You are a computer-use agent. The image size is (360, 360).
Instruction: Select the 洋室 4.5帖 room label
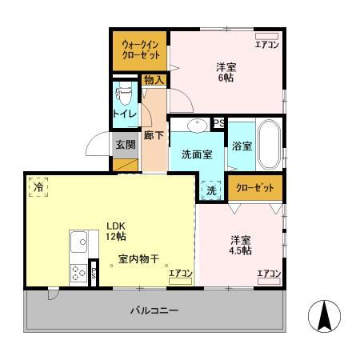(x=241, y=245)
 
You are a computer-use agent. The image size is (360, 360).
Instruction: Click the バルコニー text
(x=154, y=310)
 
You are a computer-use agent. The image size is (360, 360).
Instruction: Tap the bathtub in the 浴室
(x=268, y=145)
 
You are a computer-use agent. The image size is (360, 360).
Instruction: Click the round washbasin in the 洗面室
(x=197, y=126)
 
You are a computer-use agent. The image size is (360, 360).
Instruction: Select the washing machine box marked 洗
(x=211, y=190)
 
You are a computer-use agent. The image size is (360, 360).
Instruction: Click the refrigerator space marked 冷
(x=38, y=186)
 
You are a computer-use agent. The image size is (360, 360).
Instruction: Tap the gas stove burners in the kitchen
(x=79, y=272)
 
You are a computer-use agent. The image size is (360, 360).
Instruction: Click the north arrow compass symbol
(x=323, y=318)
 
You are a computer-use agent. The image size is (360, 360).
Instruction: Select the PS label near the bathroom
(x=218, y=122)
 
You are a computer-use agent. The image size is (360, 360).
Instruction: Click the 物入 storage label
(x=154, y=79)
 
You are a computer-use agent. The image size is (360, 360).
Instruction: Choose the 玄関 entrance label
(x=124, y=145)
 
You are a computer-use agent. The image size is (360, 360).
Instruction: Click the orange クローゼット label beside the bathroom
(x=254, y=187)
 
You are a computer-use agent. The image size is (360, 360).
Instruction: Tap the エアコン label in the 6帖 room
(x=266, y=45)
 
